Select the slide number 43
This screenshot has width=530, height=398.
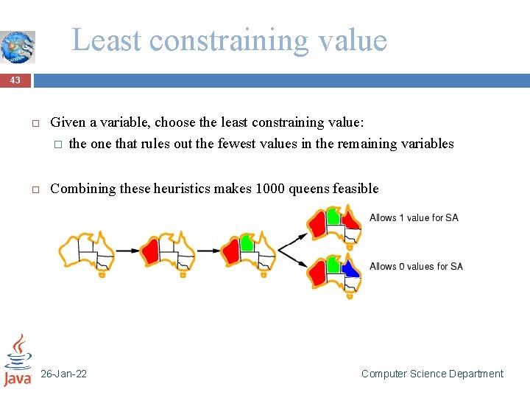pyautogui.click(x=15, y=80)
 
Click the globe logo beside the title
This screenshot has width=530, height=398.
pyautogui.click(x=17, y=46)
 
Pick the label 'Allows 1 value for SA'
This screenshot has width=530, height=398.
pyautogui.click(x=414, y=217)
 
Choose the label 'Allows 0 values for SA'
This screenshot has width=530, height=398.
pyautogui.click(x=416, y=266)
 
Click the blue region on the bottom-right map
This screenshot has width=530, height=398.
pyautogui.click(x=351, y=269)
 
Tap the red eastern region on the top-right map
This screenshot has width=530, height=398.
pyautogui.click(x=352, y=219)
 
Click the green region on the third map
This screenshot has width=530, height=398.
pyautogui.click(x=246, y=242)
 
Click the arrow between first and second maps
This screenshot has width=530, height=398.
pyautogui.click(x=126, y=251)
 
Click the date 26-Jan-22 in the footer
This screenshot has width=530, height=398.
pyautogui.click(x=63, y=374)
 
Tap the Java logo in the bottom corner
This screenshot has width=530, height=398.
pyautogui.click(x=18, y=360)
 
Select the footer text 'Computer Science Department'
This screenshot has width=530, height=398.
pyautogui.click(x=432, y=374)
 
